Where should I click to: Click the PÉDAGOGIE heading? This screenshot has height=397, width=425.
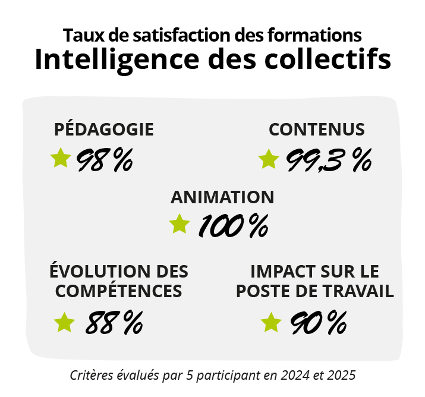[104, 129]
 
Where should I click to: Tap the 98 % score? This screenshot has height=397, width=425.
[104, 159]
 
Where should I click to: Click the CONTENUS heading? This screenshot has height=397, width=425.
[316, 129]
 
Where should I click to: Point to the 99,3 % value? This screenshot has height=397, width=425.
[329, 159]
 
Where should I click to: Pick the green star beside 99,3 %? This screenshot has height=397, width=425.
[269, 159]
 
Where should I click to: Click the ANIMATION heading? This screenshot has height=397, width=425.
[222, 197]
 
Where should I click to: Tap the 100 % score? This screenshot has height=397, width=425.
[233, 226]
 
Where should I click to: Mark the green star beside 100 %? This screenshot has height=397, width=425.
[179, 224]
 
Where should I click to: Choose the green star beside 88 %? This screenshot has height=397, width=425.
[64, 322]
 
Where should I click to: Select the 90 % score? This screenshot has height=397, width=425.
[319, 323]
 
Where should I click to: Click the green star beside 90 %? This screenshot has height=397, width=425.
[271, 322]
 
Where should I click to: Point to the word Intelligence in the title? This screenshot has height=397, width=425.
[114, 60]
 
